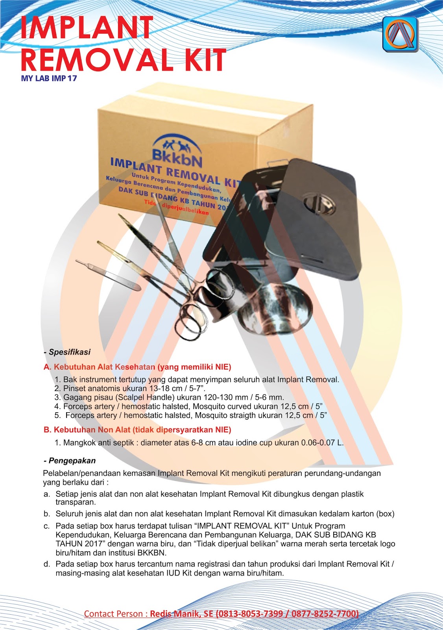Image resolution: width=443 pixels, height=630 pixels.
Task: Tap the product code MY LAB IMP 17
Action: [49, 78]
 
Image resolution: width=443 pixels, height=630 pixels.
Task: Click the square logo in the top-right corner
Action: [400, 34]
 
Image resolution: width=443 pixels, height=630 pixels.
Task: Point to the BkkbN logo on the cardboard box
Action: [177, 152]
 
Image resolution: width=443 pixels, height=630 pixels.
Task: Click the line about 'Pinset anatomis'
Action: [134, 388]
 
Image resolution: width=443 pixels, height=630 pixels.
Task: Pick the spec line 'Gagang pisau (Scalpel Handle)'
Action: [173, 397]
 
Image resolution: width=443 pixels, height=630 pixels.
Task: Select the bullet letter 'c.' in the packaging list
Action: [47, 526]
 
